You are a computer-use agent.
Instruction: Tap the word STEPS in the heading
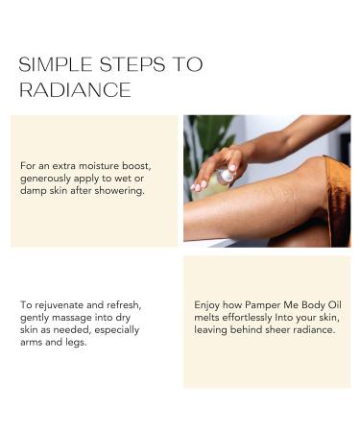pyautogui.click(x=122, y=66)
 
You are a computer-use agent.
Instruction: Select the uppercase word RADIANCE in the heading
pyautogui.click(x=75, y=90)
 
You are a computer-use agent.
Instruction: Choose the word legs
pyautogui.click(x=85, y=342)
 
